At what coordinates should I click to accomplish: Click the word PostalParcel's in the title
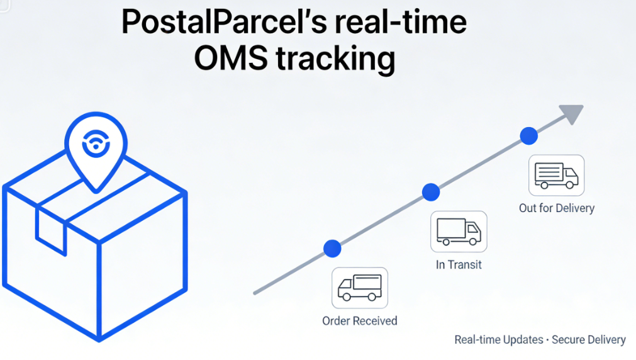pyautogui.click(x=224, y=22)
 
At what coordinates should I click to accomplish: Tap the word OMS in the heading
pyautogui.click(x=231, y=58)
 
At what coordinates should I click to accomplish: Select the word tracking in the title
pyautogui.click(x=335, y=59)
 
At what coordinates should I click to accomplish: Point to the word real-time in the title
pyautogui.click(x=401, y=22)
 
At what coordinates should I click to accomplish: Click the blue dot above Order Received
pyautogui.click(x=332, y=249)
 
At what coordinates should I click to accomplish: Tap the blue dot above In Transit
pyautogui.click(x=431, y=192)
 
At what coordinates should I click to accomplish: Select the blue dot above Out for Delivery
pyautogui.click(x=529, y=135)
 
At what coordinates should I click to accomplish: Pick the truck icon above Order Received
pyautogui.click(x=360, y=288)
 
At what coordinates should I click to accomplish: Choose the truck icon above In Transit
pyautogui.click(x=459, y=232)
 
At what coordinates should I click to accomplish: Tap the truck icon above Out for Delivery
pyautogui.click(x=557, y=176)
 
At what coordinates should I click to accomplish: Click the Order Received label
pyautogui.click(x=360, y=321)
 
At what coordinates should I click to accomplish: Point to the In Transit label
pyautogui.click(x=459, y=264)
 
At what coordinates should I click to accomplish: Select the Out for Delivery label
pyautogui.click(x=557, y=208)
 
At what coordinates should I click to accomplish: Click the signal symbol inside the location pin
pyautogui.click(x=96, y=143)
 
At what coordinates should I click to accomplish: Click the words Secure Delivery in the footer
pyautogui.click(x=589, y=340)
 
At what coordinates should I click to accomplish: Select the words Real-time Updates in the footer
pyautogui.click(x=498, y=340)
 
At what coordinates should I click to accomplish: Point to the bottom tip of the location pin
pyautogui.click(x=96, y=191)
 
